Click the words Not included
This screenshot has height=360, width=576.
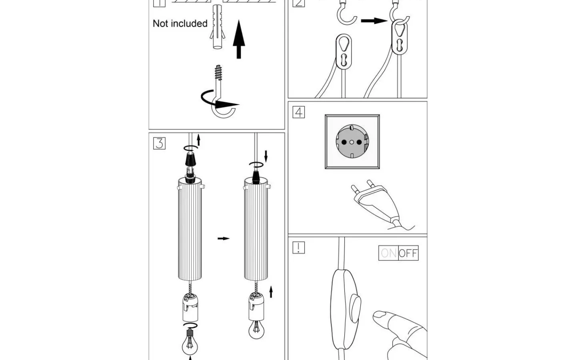tap(180, 24)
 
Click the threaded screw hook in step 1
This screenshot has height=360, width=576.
tap(220, 92)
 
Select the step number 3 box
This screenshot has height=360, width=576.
tap(159, 143)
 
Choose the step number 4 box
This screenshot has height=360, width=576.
tap(298, 112)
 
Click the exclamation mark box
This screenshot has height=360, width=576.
tap(298, 248)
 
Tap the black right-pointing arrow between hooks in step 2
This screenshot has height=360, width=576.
tap(374, 20)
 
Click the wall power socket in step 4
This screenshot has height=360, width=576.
tap(352, 142)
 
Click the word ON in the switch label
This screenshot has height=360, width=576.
tap(388, 253)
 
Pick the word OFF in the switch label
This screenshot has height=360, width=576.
tap(408, 253)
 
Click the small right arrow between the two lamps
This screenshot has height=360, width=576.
tap(224, 238)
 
